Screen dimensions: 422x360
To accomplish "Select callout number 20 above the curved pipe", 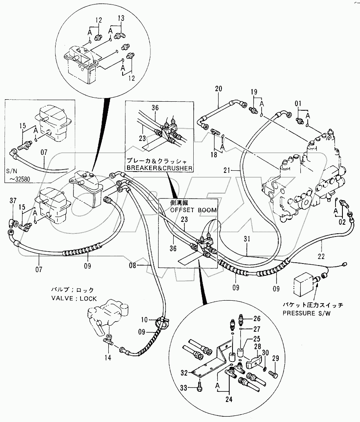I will (218, 88).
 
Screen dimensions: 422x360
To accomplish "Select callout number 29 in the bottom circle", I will (275, 358).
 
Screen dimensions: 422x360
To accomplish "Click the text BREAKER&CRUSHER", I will (159, 168).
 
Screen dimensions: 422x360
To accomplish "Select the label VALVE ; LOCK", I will (74, 299).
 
